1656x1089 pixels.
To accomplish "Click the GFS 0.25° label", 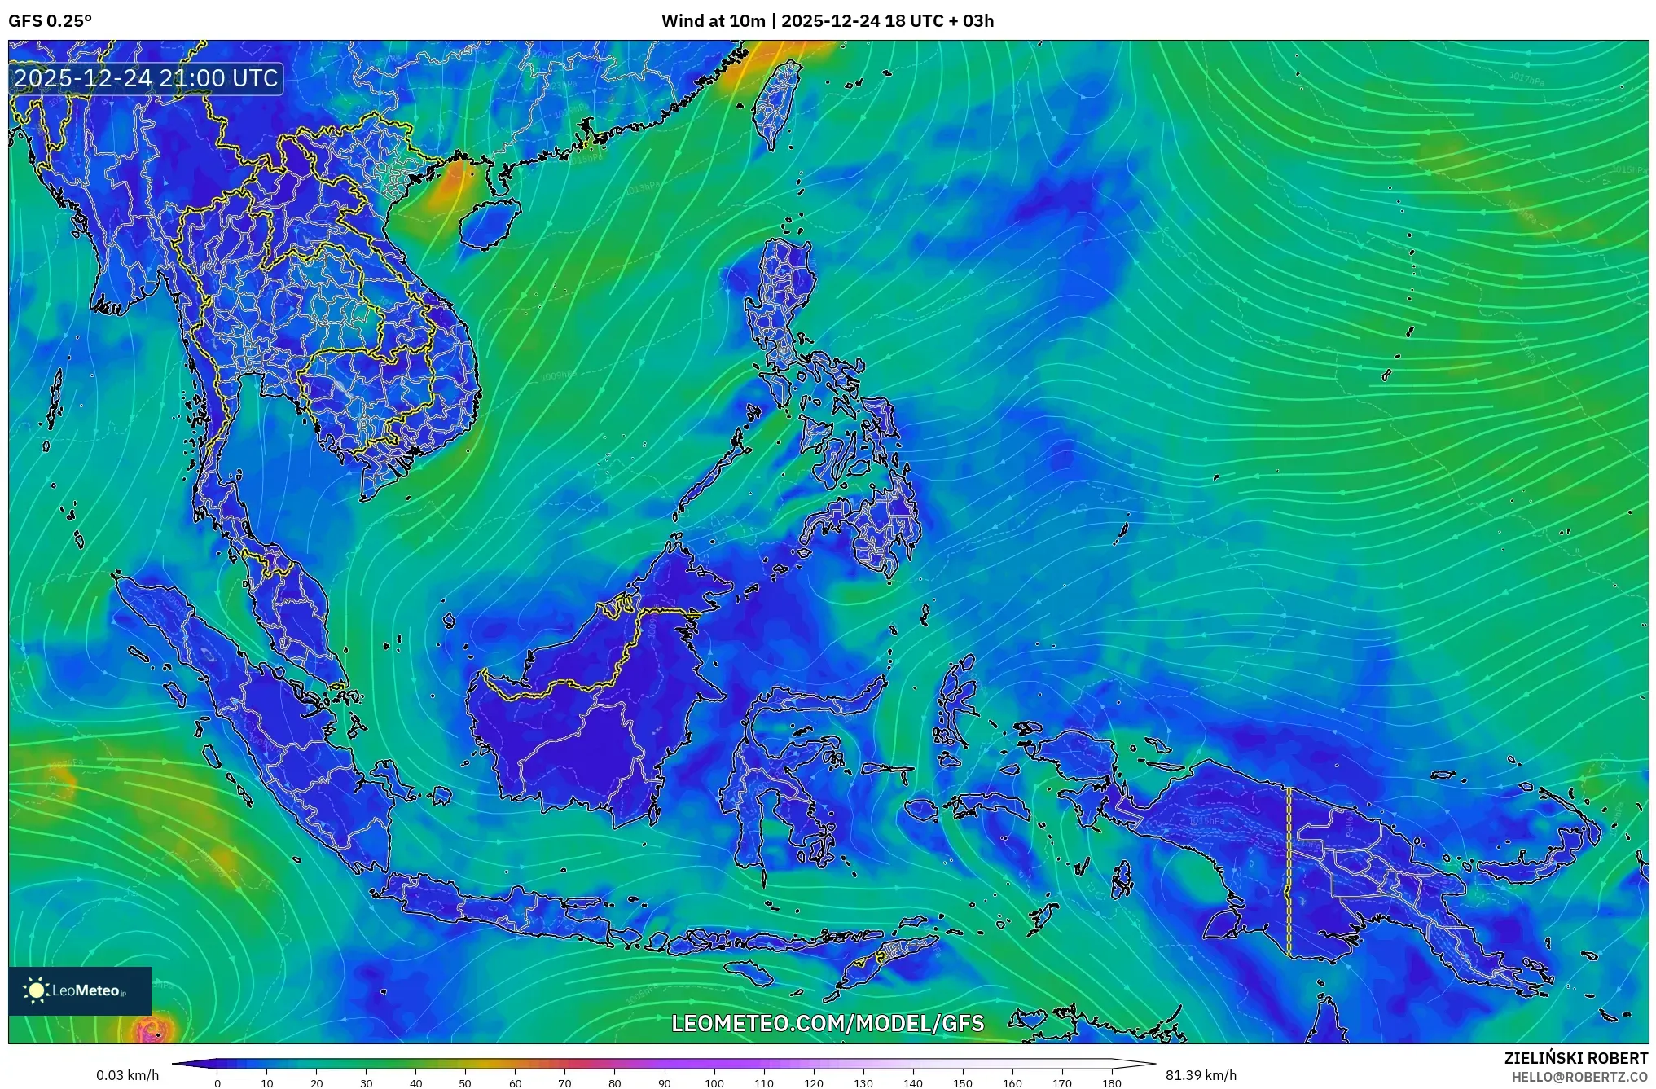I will (x=50, y=21).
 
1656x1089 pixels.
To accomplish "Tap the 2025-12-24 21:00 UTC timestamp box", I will (x=147, y=78).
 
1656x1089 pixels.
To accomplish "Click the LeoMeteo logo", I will (x=80, y=990).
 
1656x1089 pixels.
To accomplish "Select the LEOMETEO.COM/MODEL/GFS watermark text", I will (x=828, y=1023).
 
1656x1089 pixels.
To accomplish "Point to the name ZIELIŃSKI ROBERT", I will (x=1575, y=1058).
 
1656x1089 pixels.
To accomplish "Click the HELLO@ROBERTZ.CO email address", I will (x=1579, y=1077).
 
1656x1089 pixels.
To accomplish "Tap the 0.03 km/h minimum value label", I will (x=127, y=1075).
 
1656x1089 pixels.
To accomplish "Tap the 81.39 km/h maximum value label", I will (x=1201, y=1075).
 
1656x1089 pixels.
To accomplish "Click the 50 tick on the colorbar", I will (x=465, y=1082).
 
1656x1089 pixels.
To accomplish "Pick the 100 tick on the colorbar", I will (x=714, y=1082).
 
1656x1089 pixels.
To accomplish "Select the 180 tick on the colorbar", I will (x=1112, y=1082).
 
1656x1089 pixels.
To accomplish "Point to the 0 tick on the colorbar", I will (x=217, y=1082).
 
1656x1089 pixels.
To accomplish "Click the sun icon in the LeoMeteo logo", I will (x=37, y=990).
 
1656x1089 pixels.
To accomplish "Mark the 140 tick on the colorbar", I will (x=913, y=1082).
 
